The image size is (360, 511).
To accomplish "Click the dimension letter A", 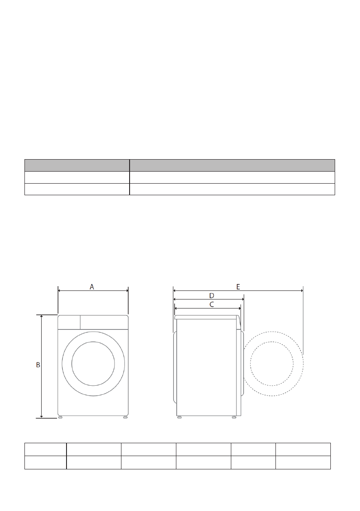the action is [x=92, y=287].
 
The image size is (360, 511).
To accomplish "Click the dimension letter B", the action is [x=38, y=365].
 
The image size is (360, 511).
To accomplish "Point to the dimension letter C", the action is [x=212, y=304].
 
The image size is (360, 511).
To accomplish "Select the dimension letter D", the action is [x=212, y=296].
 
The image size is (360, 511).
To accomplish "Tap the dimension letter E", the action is [x=238, y=287].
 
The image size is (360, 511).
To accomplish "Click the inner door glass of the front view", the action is [x=93, y=363].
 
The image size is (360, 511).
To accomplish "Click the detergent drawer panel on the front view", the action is [x=69, y=322].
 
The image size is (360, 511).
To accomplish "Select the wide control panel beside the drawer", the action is [x=104, y=322].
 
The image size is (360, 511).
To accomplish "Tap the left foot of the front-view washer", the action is [x=60, y=417].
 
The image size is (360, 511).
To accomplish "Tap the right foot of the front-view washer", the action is [x=125, y=417].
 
